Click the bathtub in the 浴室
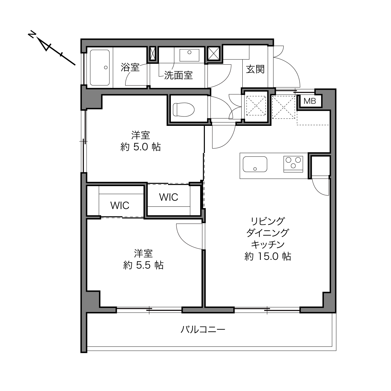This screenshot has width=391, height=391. click(x=100, y=67)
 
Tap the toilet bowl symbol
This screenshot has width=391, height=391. click(x=184, y=110)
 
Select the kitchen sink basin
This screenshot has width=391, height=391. click(x=255, y=164)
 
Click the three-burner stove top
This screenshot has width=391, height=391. click(x=293, y=164)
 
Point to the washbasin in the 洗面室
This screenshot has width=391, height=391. click(x=189, y=55)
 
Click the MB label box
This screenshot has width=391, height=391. click(x=309, y=101)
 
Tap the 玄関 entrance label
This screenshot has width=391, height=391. click(x=255, y=69)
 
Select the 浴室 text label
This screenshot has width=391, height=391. click(x=130, y=67)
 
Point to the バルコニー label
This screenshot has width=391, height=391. click(x=203, y=329)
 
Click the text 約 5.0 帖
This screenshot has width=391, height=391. click(x=141, y=147)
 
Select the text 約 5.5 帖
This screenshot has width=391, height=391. click(x=143, y=265)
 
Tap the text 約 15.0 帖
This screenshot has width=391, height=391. click(x=268, y=256)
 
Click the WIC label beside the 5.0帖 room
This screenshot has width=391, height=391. click(x=169, y=197)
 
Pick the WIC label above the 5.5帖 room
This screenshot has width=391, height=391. click(x=120, y=205)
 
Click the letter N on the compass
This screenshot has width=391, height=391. click(x=32, y=34)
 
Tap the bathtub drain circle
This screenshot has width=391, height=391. click(x=106, y=67)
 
